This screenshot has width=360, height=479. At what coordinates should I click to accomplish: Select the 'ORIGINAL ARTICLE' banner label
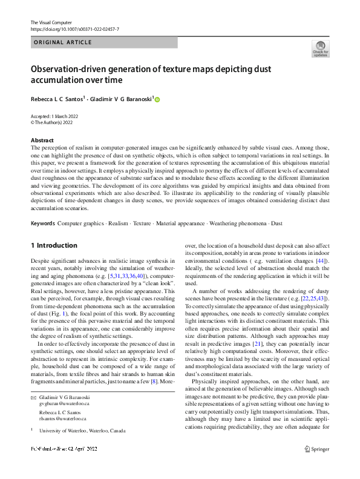[62, 42]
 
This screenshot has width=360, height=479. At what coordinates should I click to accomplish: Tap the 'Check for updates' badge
[321, 48]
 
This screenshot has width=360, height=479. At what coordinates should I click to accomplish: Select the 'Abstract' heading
[42, 140]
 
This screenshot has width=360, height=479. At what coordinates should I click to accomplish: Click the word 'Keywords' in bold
[43, 223]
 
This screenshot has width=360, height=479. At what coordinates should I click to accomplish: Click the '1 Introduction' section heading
[54, 246]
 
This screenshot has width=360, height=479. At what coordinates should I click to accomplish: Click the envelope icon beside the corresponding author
[34, 396]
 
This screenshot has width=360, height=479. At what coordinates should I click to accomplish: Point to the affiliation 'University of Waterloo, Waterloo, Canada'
[82, 431]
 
